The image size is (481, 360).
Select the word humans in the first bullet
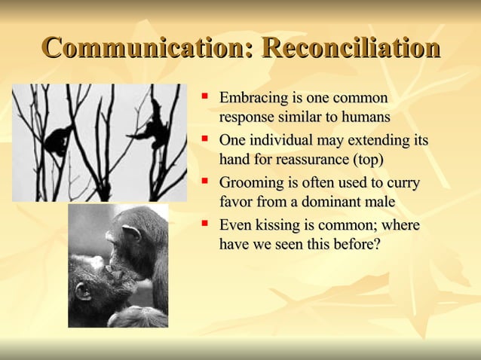pos(363,117)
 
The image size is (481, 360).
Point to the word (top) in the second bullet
pos(366,160)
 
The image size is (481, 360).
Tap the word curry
pos(403,183)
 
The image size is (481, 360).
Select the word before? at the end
pos(352,244)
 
